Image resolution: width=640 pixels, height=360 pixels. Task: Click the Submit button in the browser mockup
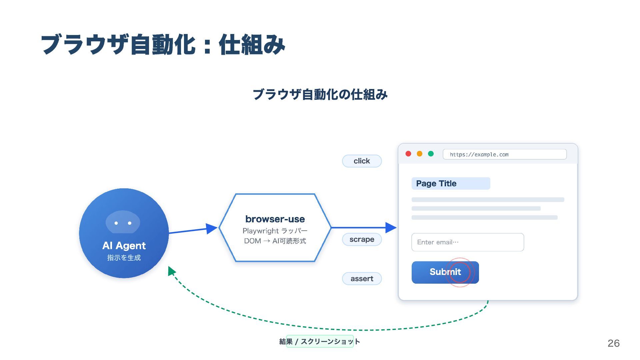pyautogui.click(x=445, y=272)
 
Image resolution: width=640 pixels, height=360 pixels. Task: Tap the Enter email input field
pyautogui.click(x=467, y=242)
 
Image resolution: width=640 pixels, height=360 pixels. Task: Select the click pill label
pyautogui.click(x=362, y=161)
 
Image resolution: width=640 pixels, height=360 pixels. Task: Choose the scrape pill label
pyautogui.click(x=362, y=239)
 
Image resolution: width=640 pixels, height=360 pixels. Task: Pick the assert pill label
pyautogui.click(x=362, y=279)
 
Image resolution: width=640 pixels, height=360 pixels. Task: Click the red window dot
pyautogui.click(x=408, y=154)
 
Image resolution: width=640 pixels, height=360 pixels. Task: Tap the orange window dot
pyautogui.click(x=420, y=154)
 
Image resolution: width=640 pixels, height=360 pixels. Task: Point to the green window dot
pyautogui.click(x=431, y=154)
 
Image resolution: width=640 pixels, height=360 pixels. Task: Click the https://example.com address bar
pyautogui.click(x=504, y=154)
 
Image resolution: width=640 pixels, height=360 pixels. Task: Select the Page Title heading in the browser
pyautogui.click(x=436, y=184)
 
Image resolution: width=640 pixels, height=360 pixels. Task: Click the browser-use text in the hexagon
pyautogui.click(x=275, y=219)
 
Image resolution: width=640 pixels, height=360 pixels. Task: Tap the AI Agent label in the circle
pyautogui.click(x=124, y=246)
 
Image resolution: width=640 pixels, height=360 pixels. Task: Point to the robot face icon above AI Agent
pyautogui.click(x=123, y=222)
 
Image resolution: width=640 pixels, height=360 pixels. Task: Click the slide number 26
pyautogui.click(x=613, y=343)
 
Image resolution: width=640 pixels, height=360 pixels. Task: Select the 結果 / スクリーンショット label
pyautogui.click(x=320, y=341)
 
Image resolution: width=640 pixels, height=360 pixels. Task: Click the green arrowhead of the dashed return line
pyautogui.click(x=171, y=271)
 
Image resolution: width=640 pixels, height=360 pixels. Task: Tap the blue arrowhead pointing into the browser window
pyautogui.click(x=391, y=228)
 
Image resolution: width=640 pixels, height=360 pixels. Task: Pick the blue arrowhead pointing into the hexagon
pyautogui.click(x=211, y=229)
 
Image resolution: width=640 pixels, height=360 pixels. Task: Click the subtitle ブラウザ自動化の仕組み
pyautogui.click(x=320, y=95)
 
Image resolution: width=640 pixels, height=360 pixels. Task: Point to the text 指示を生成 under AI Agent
pyautogui.click(x=124, y=258)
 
